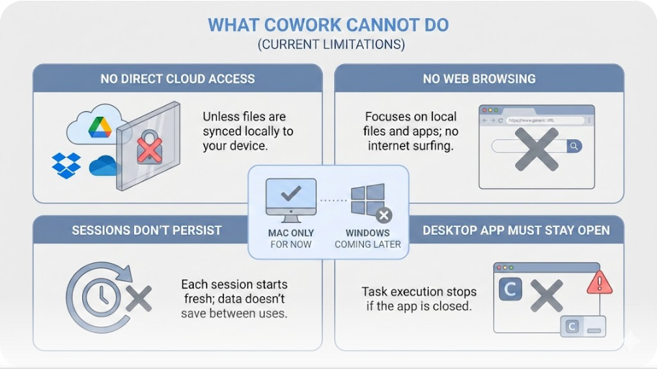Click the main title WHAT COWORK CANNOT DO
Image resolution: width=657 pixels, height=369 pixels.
(328, 25)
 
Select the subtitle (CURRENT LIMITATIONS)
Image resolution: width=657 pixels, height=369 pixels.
(328, 45)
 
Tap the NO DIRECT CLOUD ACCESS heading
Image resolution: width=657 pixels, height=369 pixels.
(177, 79)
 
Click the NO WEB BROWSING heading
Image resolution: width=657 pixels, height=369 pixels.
(479, 79)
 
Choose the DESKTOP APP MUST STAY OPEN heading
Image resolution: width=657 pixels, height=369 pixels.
(516, 231)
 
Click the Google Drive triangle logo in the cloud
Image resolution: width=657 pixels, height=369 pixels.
(99, 128)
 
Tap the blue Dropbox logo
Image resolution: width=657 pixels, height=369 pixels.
(66, 165)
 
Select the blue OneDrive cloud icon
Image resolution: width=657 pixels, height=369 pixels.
(104, 166)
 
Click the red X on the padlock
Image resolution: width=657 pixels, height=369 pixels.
(149, 150)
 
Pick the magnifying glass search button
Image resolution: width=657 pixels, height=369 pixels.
(573, 146)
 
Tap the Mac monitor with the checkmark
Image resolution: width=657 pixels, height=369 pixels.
(290, 198)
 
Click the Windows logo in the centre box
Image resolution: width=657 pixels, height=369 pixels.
(366, 199)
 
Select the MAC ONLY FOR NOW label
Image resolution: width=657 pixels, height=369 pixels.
(290, 239)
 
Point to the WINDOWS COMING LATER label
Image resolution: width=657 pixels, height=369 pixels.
(367, 239)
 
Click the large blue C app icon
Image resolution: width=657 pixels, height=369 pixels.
(510, 290)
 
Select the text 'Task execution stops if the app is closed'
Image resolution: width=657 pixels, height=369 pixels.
(419, 299)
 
